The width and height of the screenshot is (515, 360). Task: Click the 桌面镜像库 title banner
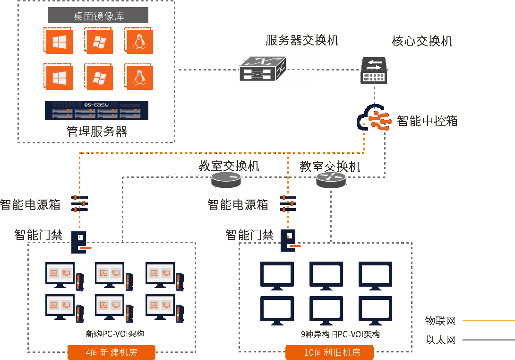point(98,16)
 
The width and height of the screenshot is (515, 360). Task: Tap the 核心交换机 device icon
point(374,70)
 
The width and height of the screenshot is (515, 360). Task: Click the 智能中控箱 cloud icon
point(374,118)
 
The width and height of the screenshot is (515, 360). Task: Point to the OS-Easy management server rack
point(96,110)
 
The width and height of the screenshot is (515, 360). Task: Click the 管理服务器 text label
point(97,131)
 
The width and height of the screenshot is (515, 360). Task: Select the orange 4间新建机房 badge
point(112,352)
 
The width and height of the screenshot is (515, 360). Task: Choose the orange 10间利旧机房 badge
point(329,352)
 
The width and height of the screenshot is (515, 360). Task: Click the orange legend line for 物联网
point(488,321)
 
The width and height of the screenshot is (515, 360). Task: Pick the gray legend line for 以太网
point(488,340)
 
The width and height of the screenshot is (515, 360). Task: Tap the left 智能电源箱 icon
point(79,203)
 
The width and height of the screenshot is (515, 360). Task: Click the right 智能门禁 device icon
point(290,240)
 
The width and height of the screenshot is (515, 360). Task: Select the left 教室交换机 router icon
point(226,179)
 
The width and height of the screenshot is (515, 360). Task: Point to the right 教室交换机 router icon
point(331,179)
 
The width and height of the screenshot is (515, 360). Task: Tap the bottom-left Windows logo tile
point(59,77)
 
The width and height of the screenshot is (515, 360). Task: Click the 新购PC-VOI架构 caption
point(114,334)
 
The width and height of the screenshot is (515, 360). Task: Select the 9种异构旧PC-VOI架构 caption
point(340,334)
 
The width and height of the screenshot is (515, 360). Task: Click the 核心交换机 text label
point(422,41)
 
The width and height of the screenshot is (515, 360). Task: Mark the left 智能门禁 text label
point(39,235)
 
